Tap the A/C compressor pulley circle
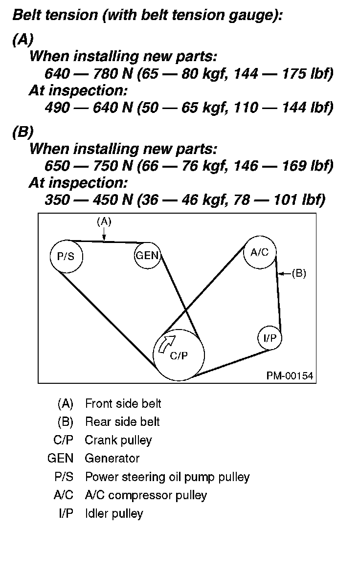pyautogui.click(x=260, y=252)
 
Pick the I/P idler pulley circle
pyautogui.click(x=270, y=337)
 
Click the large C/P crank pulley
pyautogui.click(x=179, y=355)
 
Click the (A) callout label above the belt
pyautogui.click(x=104, y=221)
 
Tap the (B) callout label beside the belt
pyautogui.click(x=298, y=274)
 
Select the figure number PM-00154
pyautogui.click(x=290, y=375)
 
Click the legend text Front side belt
pyautogui.click(x=123, y=403)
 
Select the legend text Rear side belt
pyautogui.click(x=122, y=421)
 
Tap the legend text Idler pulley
pyautogui.click(x=114, y=513)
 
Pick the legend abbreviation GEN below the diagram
pyautogui.click(x=59, y=458)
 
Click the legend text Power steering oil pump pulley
pyautogui.click(x=167, y=477)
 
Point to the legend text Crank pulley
pyautogui.click(x=118, y=440)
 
